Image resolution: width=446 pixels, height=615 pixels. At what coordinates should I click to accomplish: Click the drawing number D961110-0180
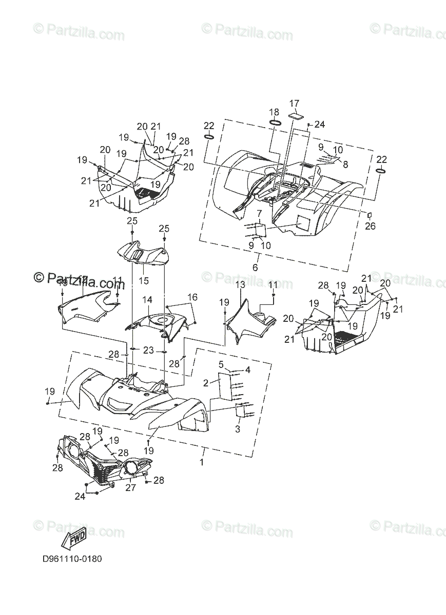[72, 559]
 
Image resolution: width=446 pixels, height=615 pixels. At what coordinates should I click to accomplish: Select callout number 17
[294, 104]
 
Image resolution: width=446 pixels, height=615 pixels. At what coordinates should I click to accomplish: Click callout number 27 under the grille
[131, 487]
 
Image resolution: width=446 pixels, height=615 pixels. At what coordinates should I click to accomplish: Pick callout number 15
[143, 280]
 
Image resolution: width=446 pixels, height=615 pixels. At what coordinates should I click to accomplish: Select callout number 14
[147, 299]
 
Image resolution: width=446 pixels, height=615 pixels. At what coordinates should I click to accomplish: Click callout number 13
[240, 284]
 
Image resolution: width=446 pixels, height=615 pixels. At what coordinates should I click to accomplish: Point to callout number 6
[255, 267]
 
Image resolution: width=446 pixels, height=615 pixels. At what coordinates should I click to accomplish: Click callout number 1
[201, 462]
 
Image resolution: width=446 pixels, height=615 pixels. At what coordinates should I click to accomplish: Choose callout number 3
[238, 429]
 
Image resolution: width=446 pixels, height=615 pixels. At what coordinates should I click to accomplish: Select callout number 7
[260, 213]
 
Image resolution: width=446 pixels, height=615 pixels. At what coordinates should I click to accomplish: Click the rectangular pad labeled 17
[295, 116]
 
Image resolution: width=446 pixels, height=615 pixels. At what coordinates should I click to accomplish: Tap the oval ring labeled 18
[274, 123]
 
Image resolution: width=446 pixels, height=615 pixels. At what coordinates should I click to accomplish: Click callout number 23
[148, 351]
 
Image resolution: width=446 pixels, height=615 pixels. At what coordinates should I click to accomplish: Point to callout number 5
[221, 364]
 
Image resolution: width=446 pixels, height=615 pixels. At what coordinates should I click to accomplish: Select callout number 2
[206, 382]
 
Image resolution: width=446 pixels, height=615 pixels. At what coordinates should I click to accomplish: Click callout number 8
[345, 164]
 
